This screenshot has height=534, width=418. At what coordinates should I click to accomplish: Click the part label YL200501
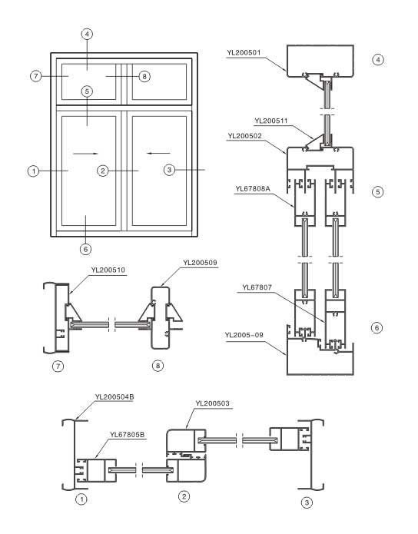[x=244, y=53]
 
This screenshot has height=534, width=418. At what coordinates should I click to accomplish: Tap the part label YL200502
[x=244, y=135]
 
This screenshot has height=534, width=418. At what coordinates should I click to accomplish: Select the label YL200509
[x=199, y=262]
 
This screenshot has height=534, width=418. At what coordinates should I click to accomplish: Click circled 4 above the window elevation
[x=87, y=35]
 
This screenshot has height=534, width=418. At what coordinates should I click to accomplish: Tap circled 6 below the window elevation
[x=86, y=247]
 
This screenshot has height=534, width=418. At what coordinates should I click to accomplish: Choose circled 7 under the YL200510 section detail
[x=57, y=366]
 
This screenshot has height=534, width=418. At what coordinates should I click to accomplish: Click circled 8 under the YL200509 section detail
[x=158, y=366]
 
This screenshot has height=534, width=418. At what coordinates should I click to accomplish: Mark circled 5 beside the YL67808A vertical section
[x=377, y=192]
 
